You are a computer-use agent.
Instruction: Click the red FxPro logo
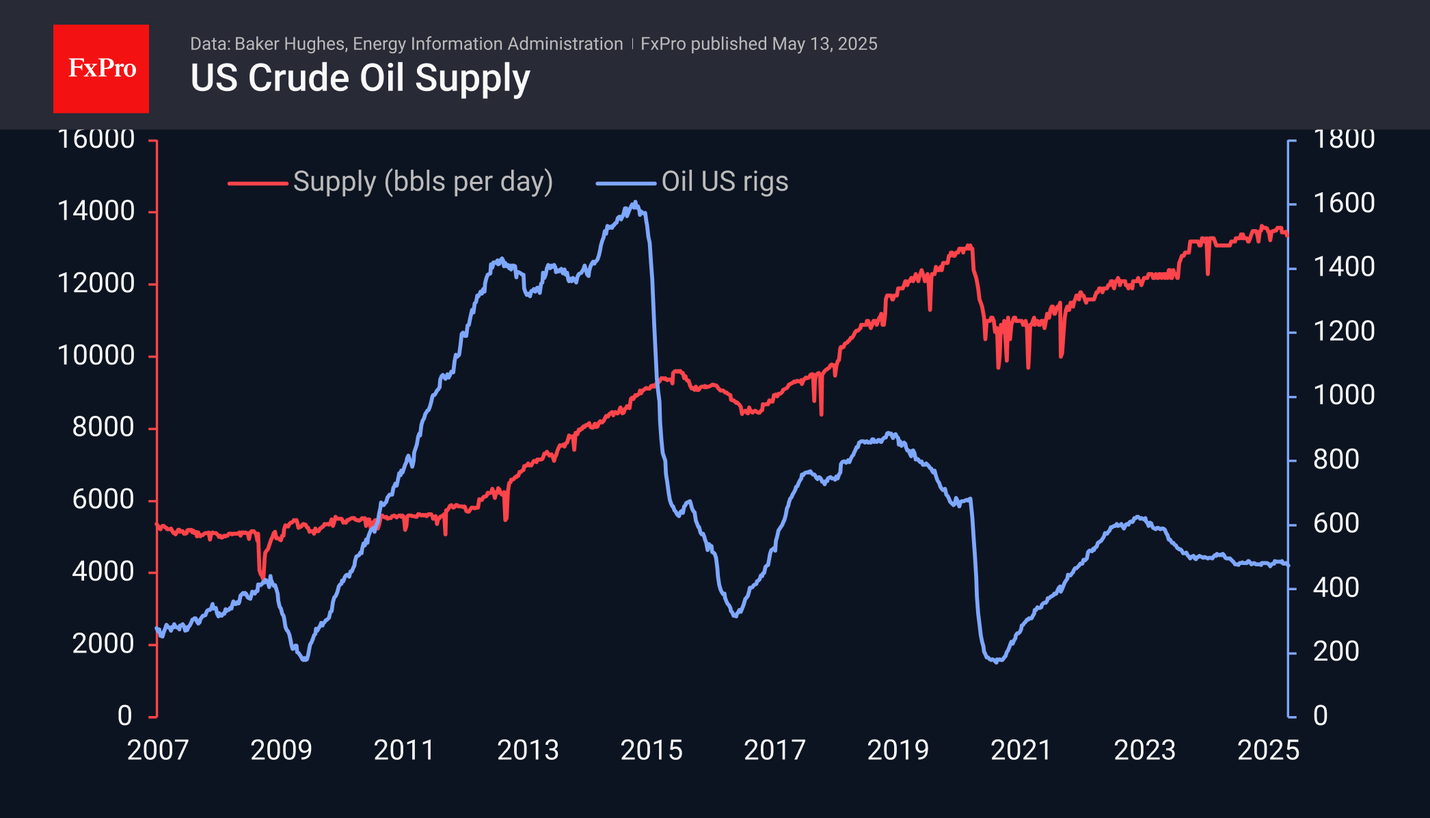(x=101, y=69)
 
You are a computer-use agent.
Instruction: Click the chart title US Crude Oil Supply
(x=360, y=78)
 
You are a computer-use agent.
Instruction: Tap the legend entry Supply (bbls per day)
(x=422, y=182)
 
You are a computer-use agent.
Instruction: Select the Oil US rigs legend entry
(x=725, y=182)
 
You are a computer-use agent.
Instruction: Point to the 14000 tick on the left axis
(x=96, y=211)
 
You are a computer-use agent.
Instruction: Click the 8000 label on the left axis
(x=103, y=427)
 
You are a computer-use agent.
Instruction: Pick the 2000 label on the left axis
(x=103, y=644)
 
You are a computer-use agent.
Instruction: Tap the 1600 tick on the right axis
(x=1343, y=203)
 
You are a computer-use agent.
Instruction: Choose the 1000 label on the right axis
(x=1343, y=395)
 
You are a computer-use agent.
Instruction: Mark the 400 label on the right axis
(x=1336, y=588)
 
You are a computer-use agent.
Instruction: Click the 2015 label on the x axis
(x=651, y=750)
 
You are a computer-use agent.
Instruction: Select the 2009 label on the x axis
(x=281, y=750)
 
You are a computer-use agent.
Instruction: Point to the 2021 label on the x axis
(x=1021, y=750)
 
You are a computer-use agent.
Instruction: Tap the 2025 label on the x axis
(x=1268, y=750)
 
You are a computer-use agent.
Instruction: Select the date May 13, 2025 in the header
(x=824, y=44)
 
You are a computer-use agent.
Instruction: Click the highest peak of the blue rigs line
(x=635, y=202)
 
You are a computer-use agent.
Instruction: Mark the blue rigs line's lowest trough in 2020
(x=997, y=661)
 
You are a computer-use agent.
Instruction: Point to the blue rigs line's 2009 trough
(x=304, y=659)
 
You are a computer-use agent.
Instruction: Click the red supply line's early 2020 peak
(x=969, y=246)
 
